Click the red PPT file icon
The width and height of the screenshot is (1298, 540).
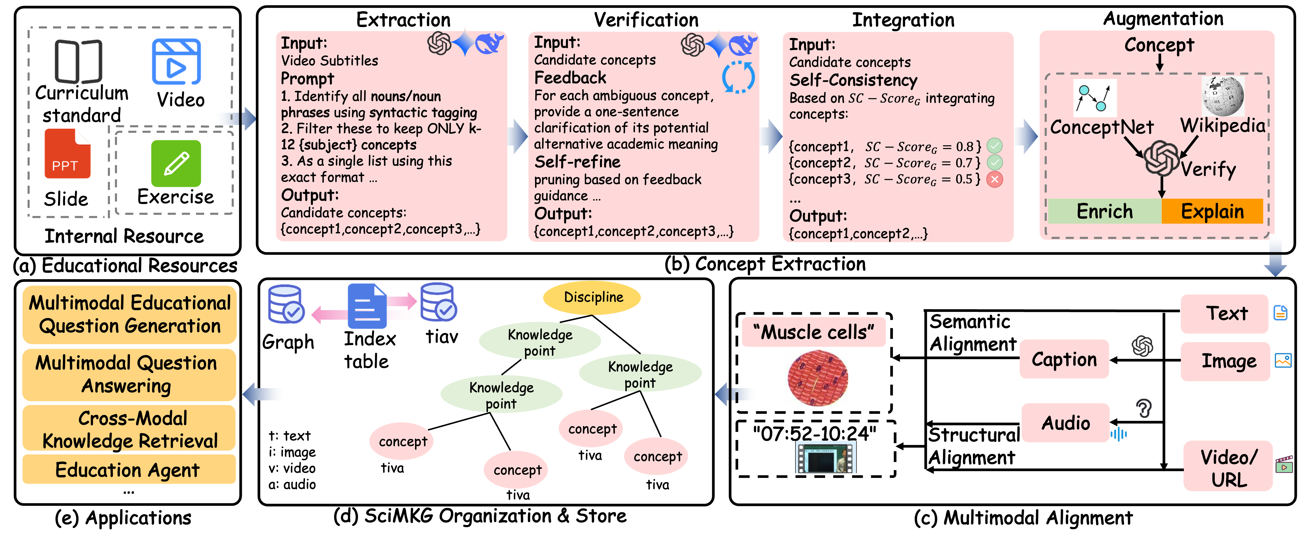[68, 154]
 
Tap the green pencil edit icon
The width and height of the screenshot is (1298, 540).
[176, 164]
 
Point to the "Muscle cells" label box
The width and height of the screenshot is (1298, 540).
[813, 332]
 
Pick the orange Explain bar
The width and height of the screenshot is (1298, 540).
[1212, 211]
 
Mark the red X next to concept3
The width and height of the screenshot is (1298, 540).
[994, 179]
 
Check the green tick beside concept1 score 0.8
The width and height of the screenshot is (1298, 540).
[994, 146]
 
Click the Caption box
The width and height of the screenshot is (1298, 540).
[1064, 359]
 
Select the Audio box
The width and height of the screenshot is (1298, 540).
[1065, 423]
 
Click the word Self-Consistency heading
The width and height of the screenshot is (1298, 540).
[853, 80]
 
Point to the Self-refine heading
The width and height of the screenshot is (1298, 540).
[577, 162]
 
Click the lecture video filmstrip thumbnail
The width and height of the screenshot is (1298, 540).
[824, 457]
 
